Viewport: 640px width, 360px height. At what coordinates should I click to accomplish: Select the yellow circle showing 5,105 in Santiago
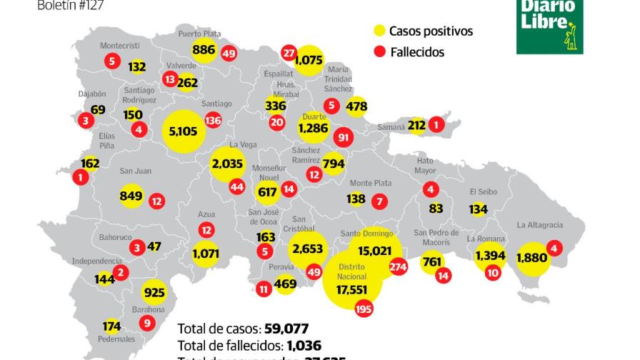(184, 131)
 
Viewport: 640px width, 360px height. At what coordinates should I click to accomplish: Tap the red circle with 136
(213, 121)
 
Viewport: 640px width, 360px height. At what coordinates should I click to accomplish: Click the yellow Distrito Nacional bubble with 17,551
(352, 280)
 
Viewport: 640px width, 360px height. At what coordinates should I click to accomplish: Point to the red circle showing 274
(398, 266)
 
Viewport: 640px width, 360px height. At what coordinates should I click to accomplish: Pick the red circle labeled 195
(364, 308)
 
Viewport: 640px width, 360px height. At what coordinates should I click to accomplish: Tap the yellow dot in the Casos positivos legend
(379, 31)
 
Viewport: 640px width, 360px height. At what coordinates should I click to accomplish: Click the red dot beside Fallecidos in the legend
(379, 51)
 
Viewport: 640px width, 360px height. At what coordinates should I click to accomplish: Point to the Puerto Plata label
(199, 32)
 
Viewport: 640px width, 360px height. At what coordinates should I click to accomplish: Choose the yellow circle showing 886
(204, 50)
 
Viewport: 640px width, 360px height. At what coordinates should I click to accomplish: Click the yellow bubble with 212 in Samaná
(416, 126)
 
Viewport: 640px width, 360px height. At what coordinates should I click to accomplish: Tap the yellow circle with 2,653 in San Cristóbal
(308, 249)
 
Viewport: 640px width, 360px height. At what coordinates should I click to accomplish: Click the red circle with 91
(344, 137)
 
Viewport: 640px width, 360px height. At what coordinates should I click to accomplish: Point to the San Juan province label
(134, 171)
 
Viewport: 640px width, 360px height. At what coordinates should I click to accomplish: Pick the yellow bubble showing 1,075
(308, 61)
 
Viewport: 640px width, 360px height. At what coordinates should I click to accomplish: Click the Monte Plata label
(370, 183)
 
